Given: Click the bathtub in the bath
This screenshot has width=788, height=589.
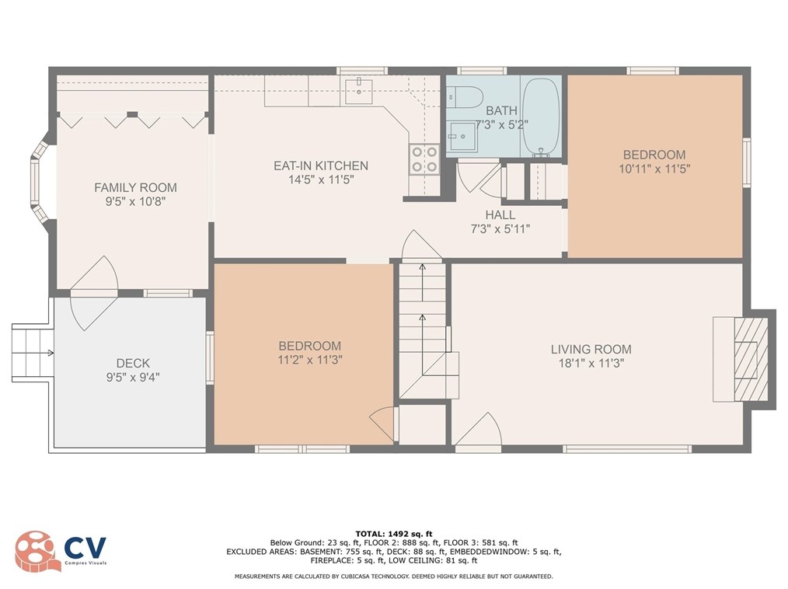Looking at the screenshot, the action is pos(541,117).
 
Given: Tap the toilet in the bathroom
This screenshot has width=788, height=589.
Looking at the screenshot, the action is pos(465,98).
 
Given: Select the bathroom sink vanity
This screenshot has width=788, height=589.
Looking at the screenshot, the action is pos(463,137).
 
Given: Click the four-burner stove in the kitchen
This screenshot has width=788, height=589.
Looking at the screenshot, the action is pos(424,159).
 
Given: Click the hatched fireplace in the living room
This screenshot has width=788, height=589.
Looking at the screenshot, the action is pos(751,359).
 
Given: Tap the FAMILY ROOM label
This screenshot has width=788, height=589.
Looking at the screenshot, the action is pos(136,187).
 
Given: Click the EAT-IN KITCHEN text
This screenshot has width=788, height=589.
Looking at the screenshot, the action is pos(321,166).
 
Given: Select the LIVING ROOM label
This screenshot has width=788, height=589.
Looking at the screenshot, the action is pos(591,349).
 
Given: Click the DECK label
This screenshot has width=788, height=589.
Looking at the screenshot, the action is pos(133,363).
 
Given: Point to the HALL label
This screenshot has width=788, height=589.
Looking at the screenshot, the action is pos(500,214).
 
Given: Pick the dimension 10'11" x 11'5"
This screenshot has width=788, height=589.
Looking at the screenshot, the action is pos(654,169).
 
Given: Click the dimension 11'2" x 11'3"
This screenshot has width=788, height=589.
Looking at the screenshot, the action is pos(309,360).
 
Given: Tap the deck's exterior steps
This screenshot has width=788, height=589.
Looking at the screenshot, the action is pos(31,353).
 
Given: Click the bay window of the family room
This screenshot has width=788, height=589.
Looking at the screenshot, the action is pos(39,181).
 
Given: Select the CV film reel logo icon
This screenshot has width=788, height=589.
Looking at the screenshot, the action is pos(34,551).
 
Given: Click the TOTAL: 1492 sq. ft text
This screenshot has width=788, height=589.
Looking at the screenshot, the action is pos(394,534).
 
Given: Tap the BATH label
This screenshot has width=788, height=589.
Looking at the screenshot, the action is pos(501,110).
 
